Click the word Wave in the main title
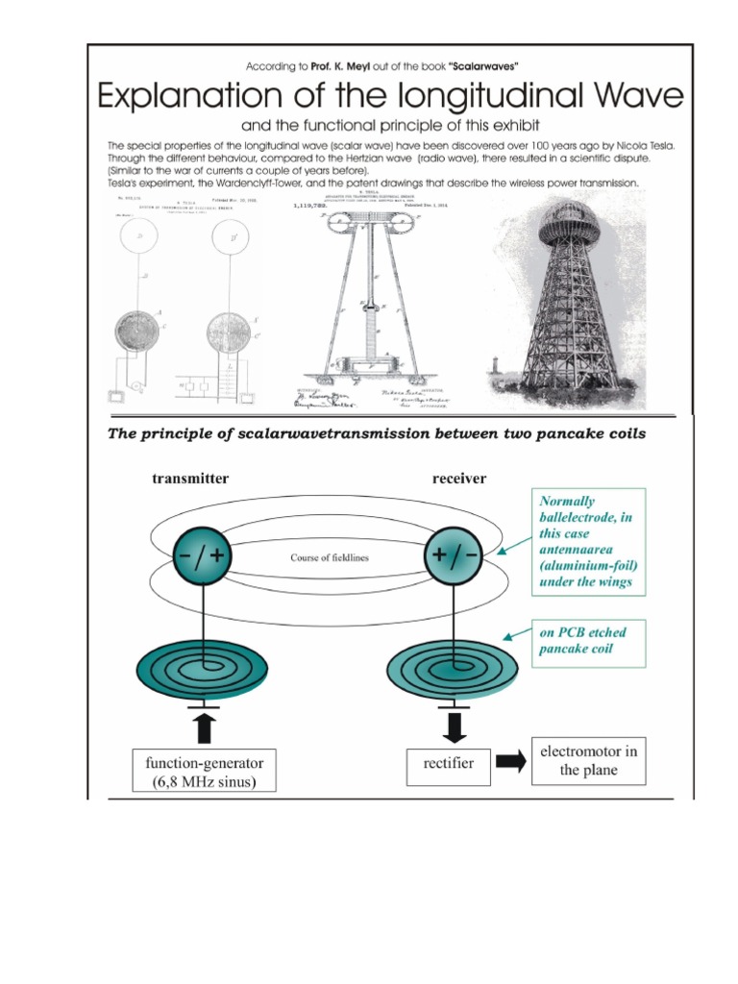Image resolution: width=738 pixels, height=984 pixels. point(630,97)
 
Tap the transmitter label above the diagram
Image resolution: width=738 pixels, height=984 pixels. point(190,479)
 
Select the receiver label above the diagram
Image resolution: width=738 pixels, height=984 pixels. point(460,479)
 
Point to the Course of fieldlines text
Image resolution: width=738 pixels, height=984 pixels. point(330,556)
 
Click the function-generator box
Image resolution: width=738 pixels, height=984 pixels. point(205,771)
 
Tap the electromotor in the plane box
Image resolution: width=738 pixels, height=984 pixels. point(588,760)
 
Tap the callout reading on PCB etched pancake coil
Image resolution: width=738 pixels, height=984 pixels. point(588,643)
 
